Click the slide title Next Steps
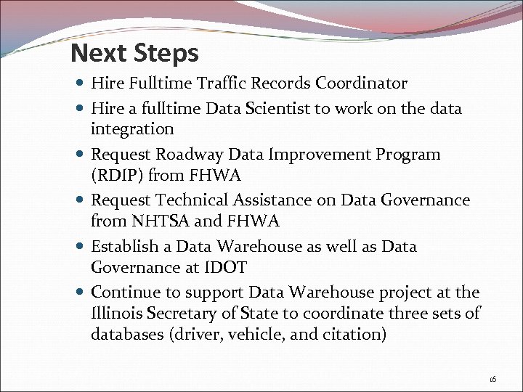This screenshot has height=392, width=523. (x=134, y=53)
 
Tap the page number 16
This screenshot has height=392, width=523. (x=492, y=379)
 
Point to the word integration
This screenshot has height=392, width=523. (x=132, y=129)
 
